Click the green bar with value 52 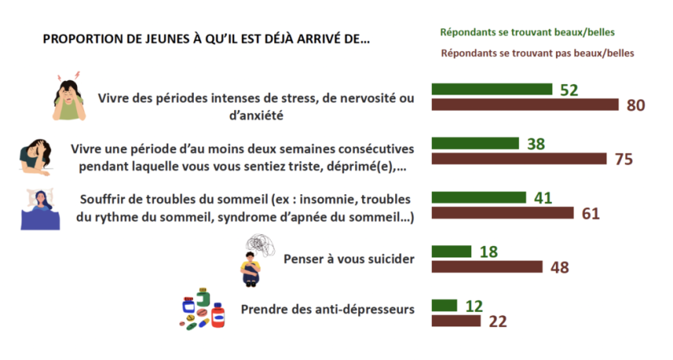[492, 89]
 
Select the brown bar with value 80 [525, 105]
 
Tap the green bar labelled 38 [476, 144]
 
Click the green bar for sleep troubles [479, 197]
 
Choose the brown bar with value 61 [502, 212]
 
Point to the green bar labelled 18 [452, 251]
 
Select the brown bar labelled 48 [487, 266]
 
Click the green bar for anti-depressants [445, 305]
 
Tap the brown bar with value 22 [456, 321]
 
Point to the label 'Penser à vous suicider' [349, 258]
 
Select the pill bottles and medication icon [202, 311]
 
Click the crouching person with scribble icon [257, 259]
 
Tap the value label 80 [636, 105]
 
